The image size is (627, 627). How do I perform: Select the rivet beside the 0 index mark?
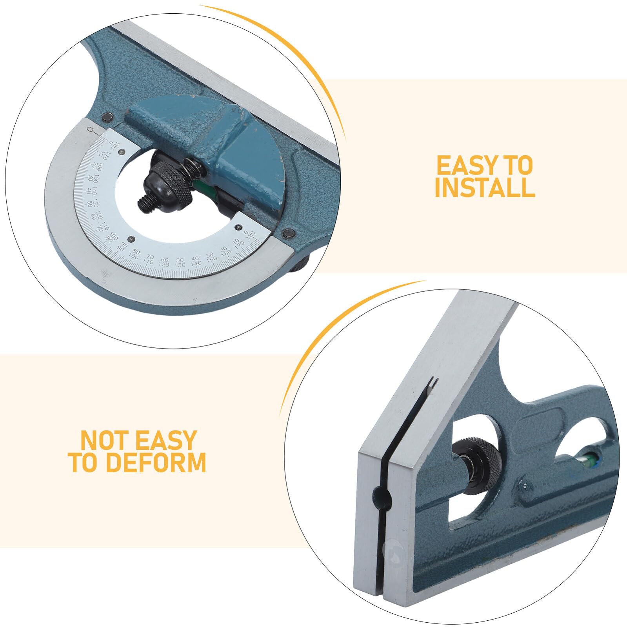coord(107,116)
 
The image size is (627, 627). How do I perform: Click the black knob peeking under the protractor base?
coord(300,264)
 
